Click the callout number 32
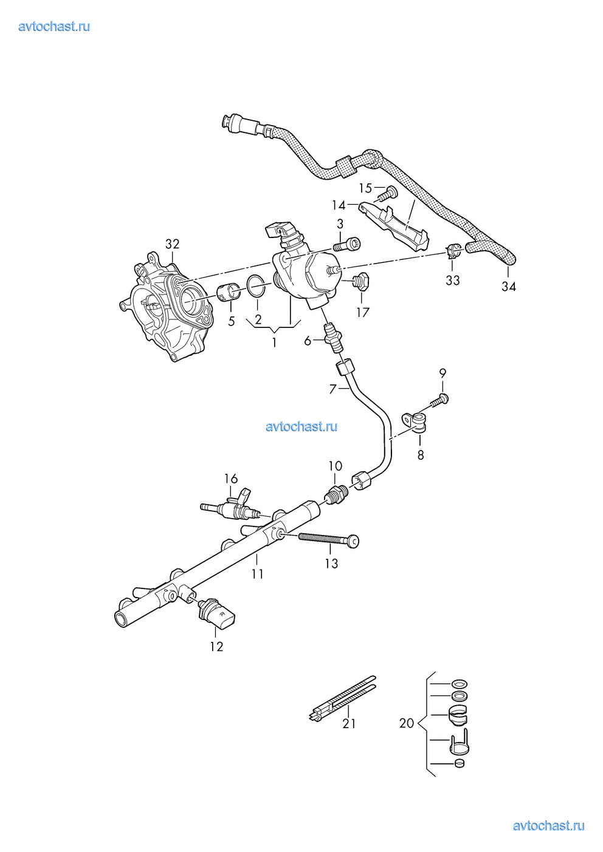(x=173, y=244)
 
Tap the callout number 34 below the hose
(x=509, y=287)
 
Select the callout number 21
(x=349, y=723)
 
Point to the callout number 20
(x=407, y=723)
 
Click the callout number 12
(x=216, y=647)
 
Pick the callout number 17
(x=363, y=313)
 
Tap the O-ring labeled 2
(x=257, y=286)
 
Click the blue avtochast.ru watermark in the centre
(x=301, y=426)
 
